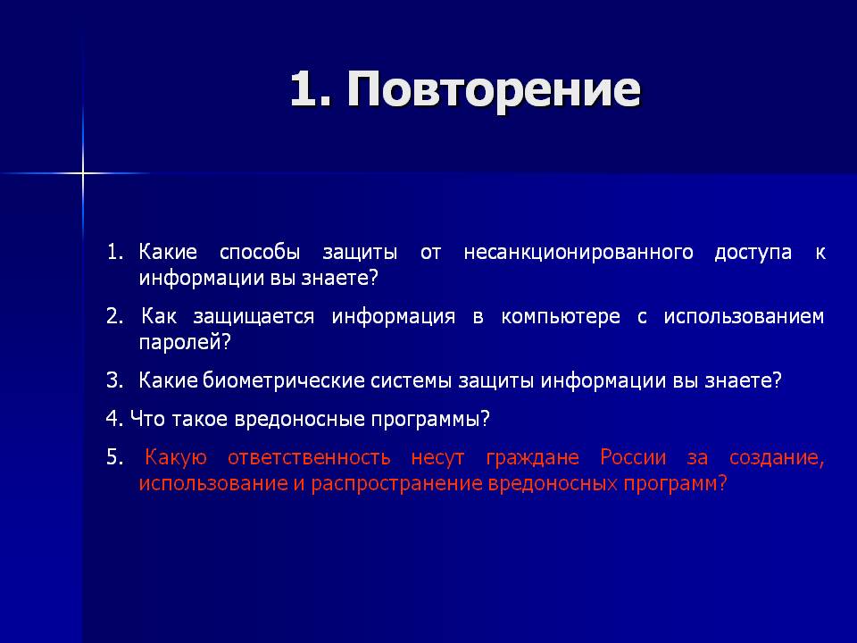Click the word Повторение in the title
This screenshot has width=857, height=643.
coord(493,89)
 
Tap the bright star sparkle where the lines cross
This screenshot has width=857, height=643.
coord(82,173)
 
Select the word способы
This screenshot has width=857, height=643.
coord(260,252)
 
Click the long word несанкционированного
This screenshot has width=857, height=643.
coord(578,252)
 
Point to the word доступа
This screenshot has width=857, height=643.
coord(753,253)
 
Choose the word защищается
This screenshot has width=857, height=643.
coord(254,316)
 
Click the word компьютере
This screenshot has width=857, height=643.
coord(561,316)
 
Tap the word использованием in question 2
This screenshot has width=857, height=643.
coord(744,316)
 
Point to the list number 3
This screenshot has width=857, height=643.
coord(115,380)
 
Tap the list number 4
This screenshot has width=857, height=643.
coord(115,419)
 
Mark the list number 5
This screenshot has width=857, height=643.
coord(115,457)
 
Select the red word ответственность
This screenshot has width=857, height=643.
coord(310,457)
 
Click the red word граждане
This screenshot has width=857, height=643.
coord(532,457)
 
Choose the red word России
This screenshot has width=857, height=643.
coord(633,457)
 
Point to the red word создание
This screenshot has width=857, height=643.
coord(777,457)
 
